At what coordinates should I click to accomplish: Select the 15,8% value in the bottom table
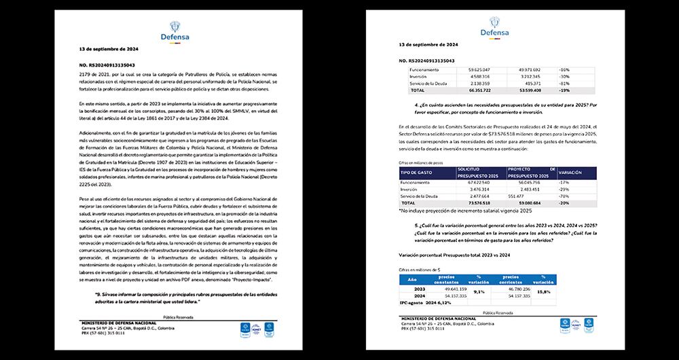543,292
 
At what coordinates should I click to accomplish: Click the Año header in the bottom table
411,279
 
